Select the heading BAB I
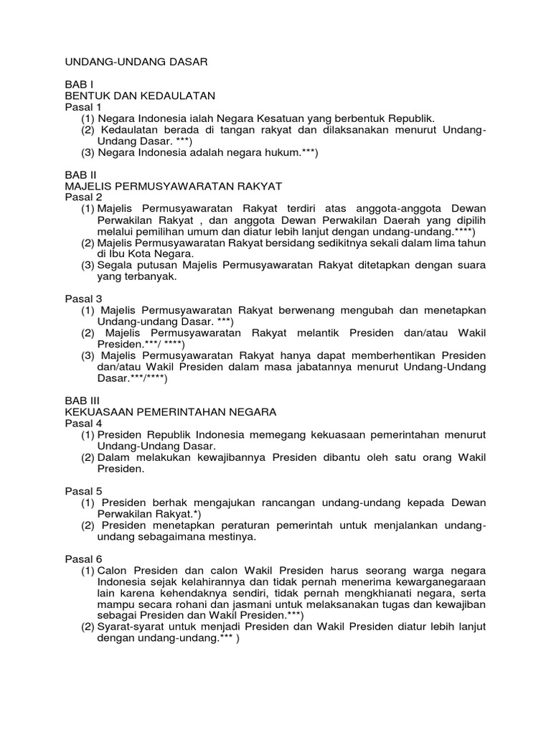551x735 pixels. tap(79, 84)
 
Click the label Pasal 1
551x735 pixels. tap(83, 107)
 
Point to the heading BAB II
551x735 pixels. tap(80, 174)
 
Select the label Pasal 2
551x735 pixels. tap(83, 197)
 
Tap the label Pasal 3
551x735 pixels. tap(83, 299)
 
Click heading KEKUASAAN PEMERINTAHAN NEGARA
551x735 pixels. tap(171, 412)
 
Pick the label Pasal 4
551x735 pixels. tap(83, 423)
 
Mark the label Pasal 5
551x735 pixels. tap(83, 491)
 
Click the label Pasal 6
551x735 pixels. tap(83, 558)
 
